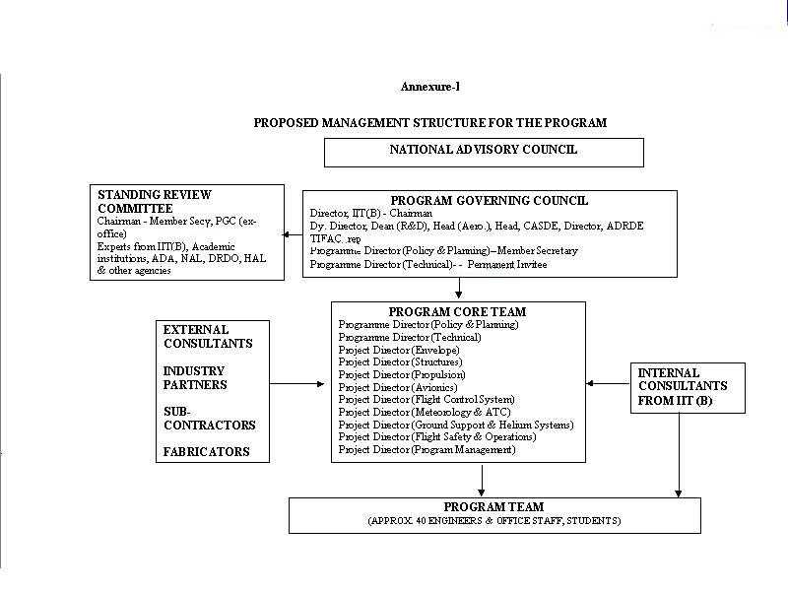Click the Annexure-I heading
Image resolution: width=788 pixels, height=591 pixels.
pyautogui.click(x=430, y=87)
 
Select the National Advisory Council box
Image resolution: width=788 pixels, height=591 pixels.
pyautogui.click(x=484, y=151)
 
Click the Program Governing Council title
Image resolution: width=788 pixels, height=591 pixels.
pyautogui.click(x=490, y=200)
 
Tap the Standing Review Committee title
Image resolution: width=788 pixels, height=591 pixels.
pyautogui.click(x=155, y=201)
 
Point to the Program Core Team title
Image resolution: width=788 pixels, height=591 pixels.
pyautogui.click(x=457, y=311)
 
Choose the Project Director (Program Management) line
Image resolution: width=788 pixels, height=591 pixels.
pyautogui.click(x=427, y=450)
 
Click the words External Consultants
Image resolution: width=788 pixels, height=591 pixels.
pyautogui.click(x=208, y=336)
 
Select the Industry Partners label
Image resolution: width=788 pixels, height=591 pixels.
pyautogui.click(x=195, y=378)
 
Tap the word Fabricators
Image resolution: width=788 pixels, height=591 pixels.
pyautogui.click(x=206, y=452)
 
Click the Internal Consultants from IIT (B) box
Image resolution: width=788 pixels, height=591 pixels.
pyautogui.click(x=689, y=387)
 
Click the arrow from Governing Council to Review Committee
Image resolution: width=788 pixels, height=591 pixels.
pyautogui.click(x=292, y=235)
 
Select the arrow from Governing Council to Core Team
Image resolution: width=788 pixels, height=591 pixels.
pyautogui.click(x=460, y=289)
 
